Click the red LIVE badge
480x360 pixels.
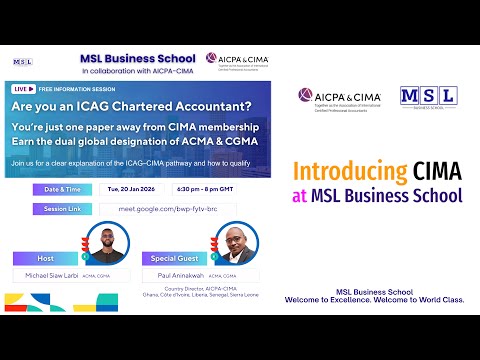[20, 89]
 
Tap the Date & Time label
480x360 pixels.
[62, 188]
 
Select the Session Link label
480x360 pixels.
[62, 208]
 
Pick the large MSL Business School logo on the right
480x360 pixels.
[428, 96]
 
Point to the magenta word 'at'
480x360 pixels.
[299, 194]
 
